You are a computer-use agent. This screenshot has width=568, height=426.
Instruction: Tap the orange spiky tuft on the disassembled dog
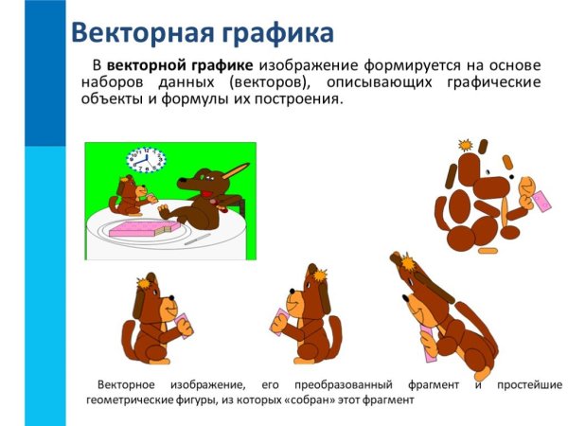click(x=465, y=145)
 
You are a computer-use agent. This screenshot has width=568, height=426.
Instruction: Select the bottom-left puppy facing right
click(x=156, y=322)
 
